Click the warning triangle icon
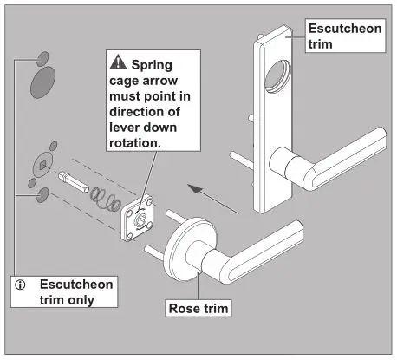point(116,64)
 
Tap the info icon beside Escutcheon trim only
point(22,284)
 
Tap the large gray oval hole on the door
point(43,82)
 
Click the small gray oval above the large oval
point(42,58)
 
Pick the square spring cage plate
point(138,212)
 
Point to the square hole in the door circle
point(43,164)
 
